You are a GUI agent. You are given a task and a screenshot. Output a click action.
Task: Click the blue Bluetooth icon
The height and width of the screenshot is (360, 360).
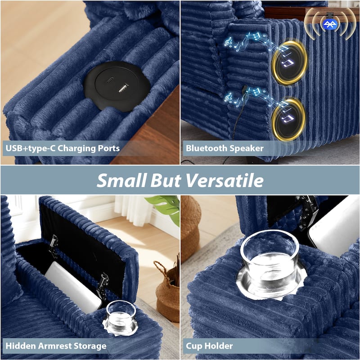point(330,24)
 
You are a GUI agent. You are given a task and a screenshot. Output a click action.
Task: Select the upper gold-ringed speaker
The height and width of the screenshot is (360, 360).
point(289,62)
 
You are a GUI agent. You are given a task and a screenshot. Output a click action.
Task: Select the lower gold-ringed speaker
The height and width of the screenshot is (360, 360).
point(288,119)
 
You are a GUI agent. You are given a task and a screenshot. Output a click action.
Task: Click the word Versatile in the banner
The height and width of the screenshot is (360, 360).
point(225,180)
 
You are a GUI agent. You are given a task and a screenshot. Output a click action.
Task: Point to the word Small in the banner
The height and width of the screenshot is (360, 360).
point(121,180)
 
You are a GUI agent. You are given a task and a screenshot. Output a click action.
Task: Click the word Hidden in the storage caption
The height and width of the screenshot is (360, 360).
point(20,346)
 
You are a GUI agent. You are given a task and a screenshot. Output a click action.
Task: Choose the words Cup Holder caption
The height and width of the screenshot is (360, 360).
point(209,346)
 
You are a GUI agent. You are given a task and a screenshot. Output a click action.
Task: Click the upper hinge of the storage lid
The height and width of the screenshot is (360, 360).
point(53,246)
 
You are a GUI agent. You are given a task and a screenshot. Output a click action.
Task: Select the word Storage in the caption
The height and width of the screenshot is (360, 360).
point(90,346)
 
